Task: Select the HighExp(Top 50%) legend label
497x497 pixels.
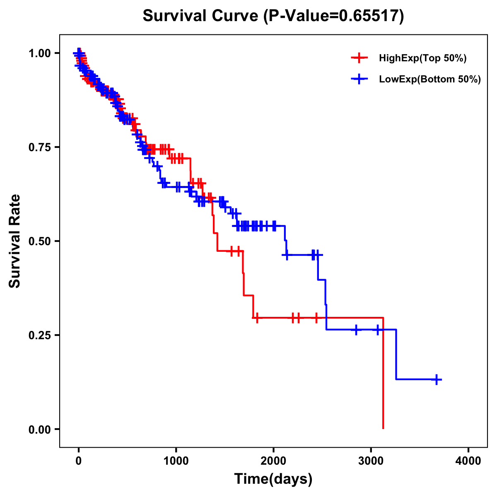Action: (422, 58)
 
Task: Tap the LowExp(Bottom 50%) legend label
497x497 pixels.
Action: (430, 80)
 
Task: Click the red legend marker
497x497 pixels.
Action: (359, 58)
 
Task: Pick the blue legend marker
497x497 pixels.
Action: (359, 79)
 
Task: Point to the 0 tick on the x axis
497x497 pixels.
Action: (79, 461)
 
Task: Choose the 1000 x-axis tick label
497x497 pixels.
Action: (176, 461)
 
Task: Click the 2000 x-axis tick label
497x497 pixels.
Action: (273, 461)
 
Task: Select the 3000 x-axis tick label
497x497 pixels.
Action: (371, 461)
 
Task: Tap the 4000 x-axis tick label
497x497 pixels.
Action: (468, 461)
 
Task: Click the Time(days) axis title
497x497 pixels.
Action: (273, 479)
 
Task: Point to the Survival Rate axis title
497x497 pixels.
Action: (15, 241)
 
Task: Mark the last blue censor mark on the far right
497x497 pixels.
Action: (437, 379)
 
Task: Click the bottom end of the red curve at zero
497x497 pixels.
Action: (383, 428)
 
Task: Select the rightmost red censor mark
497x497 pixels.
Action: (316, 318)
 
